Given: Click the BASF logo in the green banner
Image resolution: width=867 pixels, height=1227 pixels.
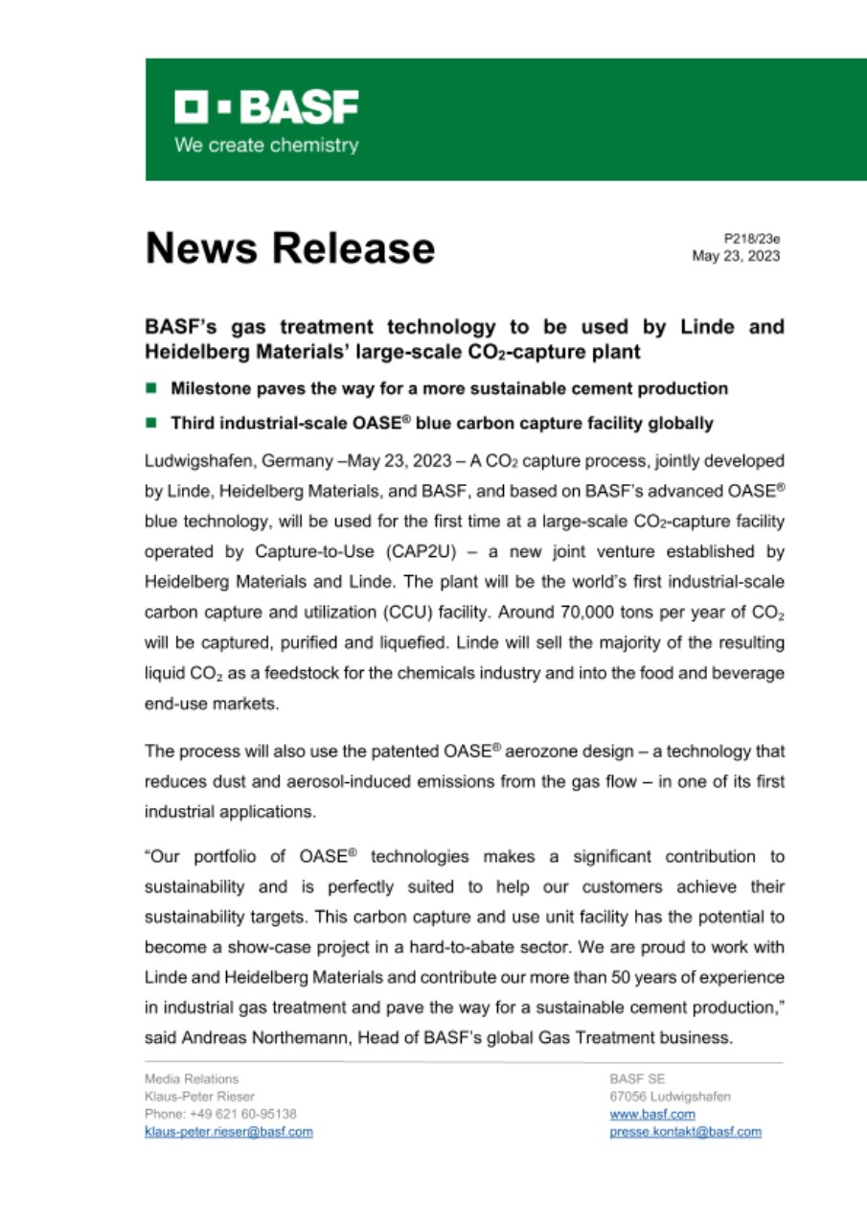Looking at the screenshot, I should tap(266, 108).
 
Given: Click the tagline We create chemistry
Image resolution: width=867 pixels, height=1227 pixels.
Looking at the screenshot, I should tap(265, 146).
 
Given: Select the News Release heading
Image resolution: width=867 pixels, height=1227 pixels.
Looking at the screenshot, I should tap(289, 248).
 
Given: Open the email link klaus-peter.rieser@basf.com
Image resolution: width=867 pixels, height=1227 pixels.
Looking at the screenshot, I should tap(228, 1132).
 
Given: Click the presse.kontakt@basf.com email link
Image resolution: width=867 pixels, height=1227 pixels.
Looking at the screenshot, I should tap(685, 1132).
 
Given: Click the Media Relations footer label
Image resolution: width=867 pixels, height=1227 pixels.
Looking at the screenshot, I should tap(185, 1078).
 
